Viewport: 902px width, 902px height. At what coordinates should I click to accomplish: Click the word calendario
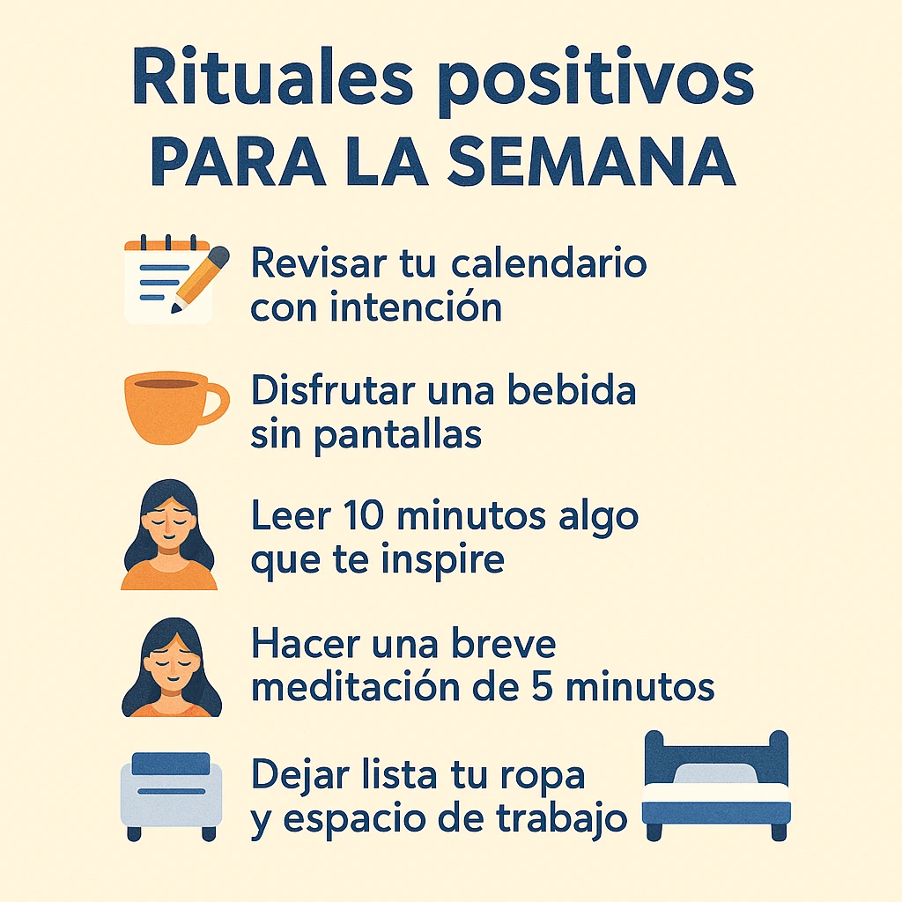(x=549, y=263)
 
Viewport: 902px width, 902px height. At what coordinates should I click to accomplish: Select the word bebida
(x=571, y=390)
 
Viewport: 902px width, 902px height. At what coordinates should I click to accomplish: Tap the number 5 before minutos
(x=543, y=687)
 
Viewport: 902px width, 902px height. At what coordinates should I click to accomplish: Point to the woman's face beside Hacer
(x=173, y=667)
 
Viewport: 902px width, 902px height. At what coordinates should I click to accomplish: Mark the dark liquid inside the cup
(x=166, y=384)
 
